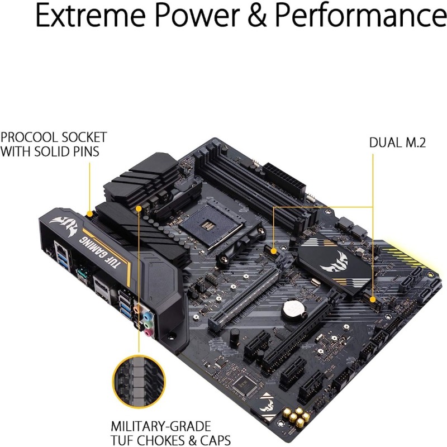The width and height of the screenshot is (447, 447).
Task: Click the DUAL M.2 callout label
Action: click(x=397, y=142)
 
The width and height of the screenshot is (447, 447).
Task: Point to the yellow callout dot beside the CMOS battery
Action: click(x=274, y=251)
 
